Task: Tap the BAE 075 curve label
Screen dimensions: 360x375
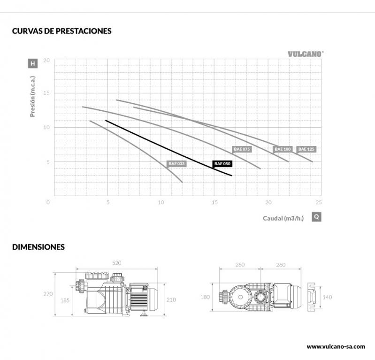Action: (242, 149)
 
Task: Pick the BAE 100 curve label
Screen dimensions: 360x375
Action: (283, 149)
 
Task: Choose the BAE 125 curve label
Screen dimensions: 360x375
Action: (307, 149)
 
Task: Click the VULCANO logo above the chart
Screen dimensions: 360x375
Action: (306, 54)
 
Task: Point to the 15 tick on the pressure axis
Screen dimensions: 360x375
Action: (46, 93)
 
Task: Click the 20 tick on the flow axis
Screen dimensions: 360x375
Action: (268, 202)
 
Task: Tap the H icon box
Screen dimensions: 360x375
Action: (32, 63)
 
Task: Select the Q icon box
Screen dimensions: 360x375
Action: (317, 217)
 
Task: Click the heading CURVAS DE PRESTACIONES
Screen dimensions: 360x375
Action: (62, 31)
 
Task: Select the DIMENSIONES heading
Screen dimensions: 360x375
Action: (38, 246)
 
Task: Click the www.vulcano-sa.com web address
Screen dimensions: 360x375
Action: (336, 346)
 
